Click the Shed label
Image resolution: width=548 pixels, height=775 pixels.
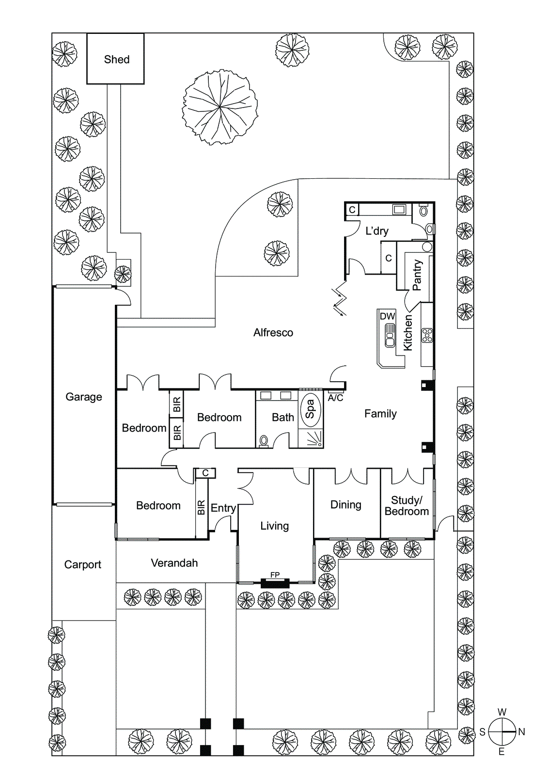point(117,60)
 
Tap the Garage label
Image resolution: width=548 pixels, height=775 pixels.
point(84,397)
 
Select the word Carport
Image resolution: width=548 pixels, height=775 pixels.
point(82,564)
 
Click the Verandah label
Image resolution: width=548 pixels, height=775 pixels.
point(174,563)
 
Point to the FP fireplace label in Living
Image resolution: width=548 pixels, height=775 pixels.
point(275,575)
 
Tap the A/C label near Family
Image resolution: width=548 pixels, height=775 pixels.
point(335,398)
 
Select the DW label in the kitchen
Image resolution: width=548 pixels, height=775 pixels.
point(387,316)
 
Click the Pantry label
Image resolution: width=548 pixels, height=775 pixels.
point(417,275)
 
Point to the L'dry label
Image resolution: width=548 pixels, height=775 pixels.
point(377,231)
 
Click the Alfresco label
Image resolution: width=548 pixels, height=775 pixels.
point(273,332)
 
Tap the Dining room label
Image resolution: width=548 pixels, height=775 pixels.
point(346,505)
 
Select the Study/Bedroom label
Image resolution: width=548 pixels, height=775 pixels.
point(407,506)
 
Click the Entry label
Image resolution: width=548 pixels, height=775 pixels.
point(223,508)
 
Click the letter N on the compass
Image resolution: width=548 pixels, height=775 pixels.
point(522,732)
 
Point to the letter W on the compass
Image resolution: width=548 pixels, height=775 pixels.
point(502,712)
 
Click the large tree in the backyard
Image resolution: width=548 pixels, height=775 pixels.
point(220,107)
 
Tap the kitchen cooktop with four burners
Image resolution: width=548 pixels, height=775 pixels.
point(427,335)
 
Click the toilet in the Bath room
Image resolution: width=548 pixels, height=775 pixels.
point(264,441)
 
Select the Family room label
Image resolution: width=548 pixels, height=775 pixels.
point(380,414)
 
